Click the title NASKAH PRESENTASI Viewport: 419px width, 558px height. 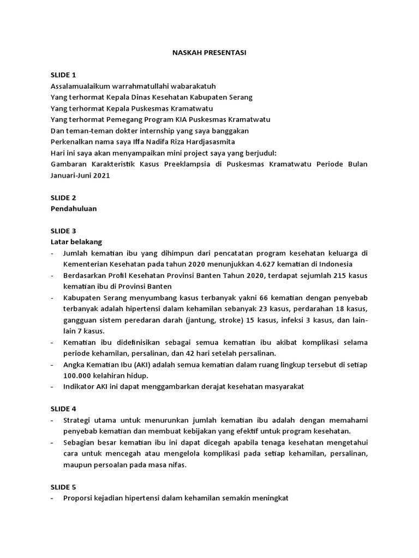tap(209, 53)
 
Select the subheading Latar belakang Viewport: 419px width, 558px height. tap(76, 241)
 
